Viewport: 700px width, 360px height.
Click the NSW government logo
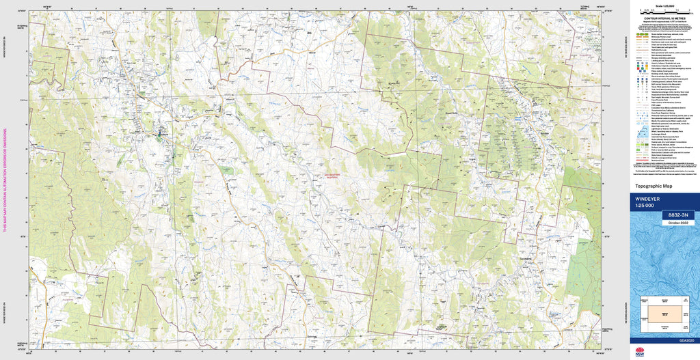coord(640,352)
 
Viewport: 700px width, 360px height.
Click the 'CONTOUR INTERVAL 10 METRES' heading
coord(664,19)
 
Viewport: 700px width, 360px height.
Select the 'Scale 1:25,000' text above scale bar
coord(664,6)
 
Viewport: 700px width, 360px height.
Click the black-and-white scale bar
coord(664,12)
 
